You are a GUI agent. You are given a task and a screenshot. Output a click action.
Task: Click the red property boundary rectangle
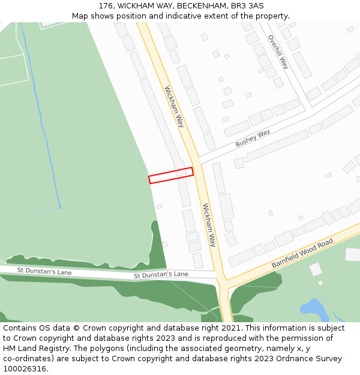click(171, 175)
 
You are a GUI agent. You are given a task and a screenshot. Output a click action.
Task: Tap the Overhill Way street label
click(278, 52)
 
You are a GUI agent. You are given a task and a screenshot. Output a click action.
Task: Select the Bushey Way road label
click(253, 138)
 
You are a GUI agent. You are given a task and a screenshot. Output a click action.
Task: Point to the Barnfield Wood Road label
click(302, 253)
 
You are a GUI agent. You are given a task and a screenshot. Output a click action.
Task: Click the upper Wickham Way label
click(174, 106)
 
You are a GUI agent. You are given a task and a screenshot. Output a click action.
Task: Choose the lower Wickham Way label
click(209, 225)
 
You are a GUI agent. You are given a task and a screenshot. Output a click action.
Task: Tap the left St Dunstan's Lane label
click(44, 272)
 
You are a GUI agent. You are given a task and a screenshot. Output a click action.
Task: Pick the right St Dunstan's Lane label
click(161, 275)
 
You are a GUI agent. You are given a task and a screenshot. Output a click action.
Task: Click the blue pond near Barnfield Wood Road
click(314, 309)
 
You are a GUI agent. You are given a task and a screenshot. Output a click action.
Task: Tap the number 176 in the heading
click(106, 5)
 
